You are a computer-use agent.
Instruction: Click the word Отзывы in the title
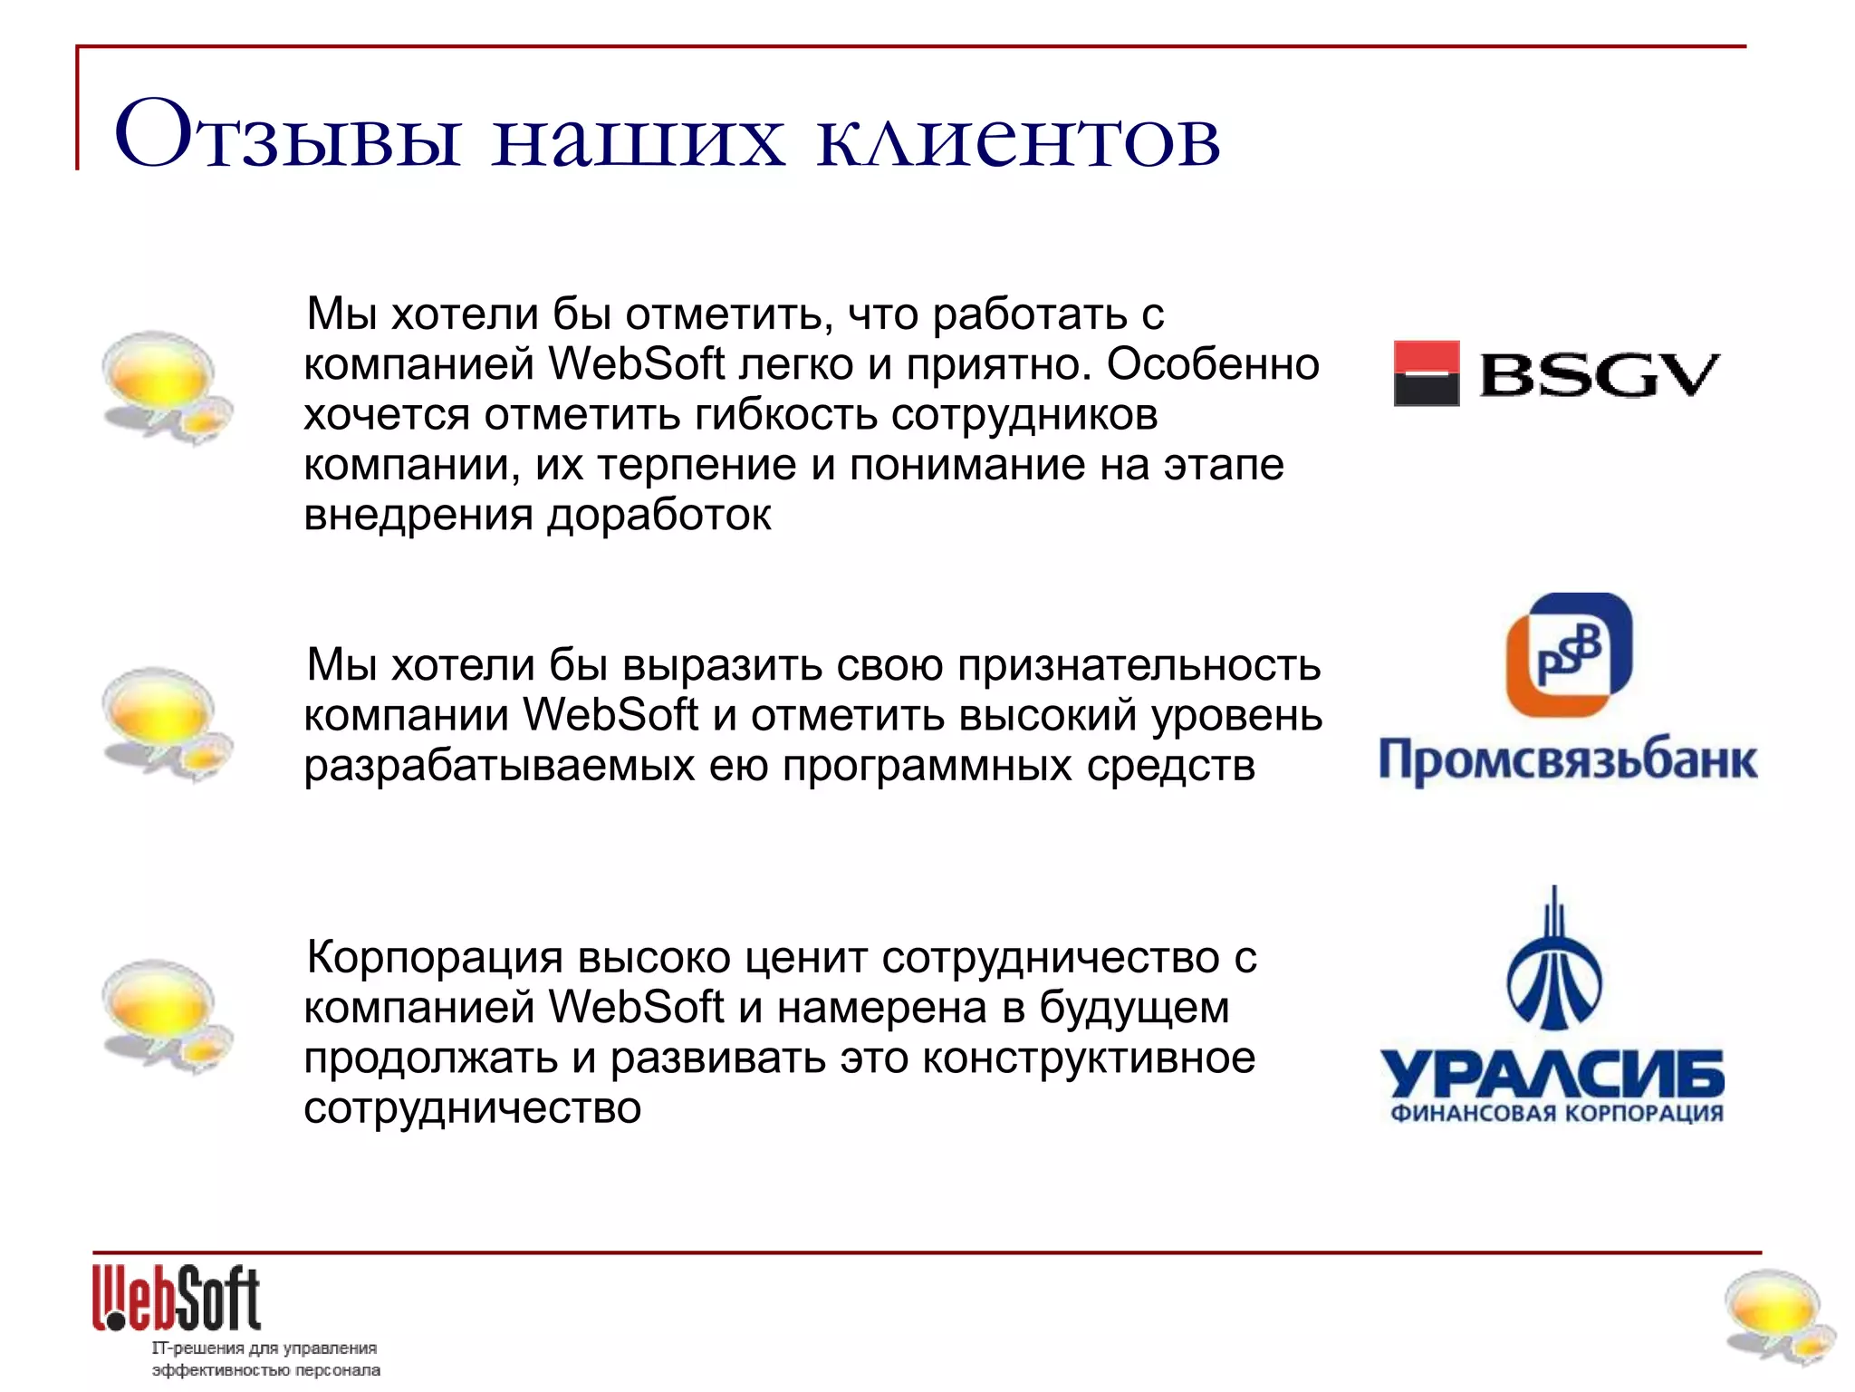coord(288,136)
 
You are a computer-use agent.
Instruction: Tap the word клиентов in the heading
coord(1018,140)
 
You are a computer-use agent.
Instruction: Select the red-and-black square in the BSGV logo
coord(1426,373)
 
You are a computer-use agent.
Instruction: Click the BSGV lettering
coord(1600,375)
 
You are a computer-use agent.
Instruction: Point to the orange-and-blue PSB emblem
coord(1569,654)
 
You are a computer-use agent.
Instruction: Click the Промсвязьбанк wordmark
coord(1567,759)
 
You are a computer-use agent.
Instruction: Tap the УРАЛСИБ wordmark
coord(1552,1075)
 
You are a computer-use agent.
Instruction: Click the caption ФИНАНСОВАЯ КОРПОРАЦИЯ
coord(1556,1114)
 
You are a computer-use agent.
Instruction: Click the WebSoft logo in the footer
coord(177,1298)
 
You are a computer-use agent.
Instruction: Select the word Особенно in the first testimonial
coord(1212,364)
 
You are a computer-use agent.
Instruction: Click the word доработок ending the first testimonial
coord(659,515)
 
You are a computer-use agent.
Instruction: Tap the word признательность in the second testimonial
coord(1139,665)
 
